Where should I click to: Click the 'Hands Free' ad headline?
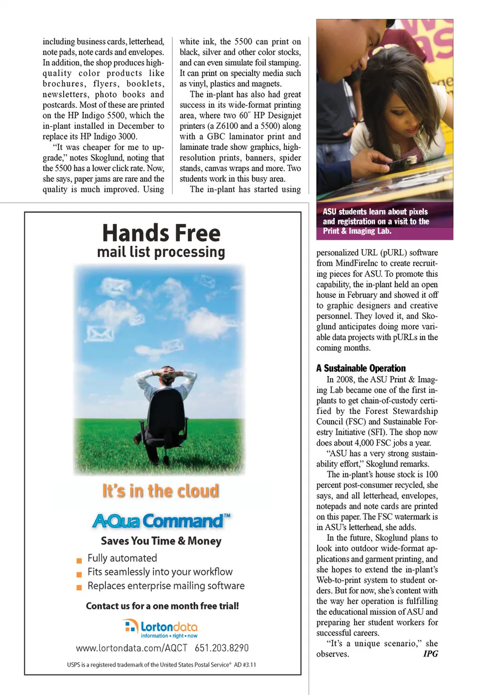coord(161,233)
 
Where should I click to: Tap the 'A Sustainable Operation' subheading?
coord(361,368)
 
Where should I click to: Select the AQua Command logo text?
coord(161,521)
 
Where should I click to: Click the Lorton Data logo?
coord(161,628)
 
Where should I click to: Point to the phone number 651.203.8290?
coord(222,648)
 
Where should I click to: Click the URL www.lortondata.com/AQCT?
coord(131,648)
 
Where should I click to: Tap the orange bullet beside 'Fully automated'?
coord(79,560)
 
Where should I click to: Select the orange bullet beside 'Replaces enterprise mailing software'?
coord(79,588)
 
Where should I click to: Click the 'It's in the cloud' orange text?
coord(160,491)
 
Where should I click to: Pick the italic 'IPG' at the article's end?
coord(430,654)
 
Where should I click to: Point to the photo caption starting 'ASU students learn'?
coord(375,221)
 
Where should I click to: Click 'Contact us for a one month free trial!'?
coord(162,606)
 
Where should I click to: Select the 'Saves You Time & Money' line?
coord(161,541)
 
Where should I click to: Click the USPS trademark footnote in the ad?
coord(161,665)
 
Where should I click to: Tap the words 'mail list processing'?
coord(161,252)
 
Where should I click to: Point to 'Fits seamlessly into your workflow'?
coord(160,572)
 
